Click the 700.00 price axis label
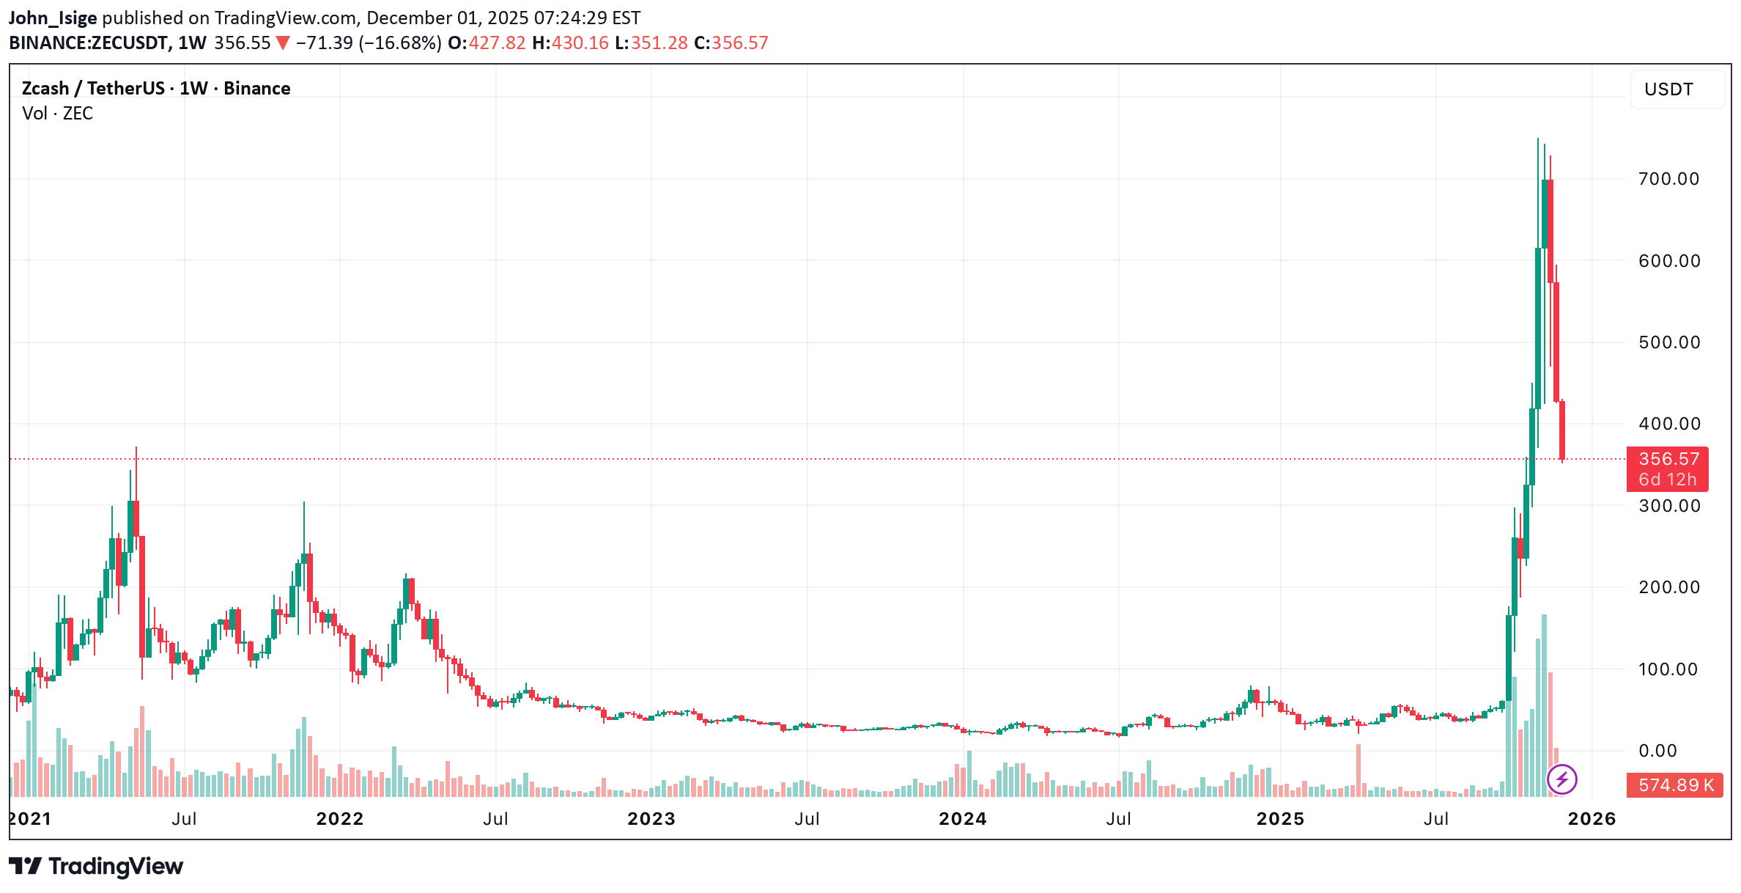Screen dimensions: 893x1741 pyautogui.click(x=1668, y=179)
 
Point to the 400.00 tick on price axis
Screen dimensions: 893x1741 pyautogui.click(x=1669, y=424)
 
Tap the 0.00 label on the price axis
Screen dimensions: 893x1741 pyautogui.click(x=1657, y=751)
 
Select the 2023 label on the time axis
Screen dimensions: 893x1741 pyautogui.click(x=651, y=819)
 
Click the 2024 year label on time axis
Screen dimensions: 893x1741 pyautogui.click(x=962, y=819)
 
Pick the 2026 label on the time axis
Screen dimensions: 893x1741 pyautogui.click(x=1592, y=819)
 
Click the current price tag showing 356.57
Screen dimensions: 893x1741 pyautogui.click(x=1668, y=460)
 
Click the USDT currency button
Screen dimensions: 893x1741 pyautogui.click(x=1668, y=89)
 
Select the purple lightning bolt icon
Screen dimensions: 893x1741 pyautogui.click(x=1561, y=779)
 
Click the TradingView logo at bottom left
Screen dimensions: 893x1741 pyautogui.click(x=96, y=867)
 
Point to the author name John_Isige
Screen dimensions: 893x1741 pyautogui.click(x=52, y=18)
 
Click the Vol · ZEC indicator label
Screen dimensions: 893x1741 pyautogui.click(x=57, y=114)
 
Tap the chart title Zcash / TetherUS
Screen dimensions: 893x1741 pyautogui.click(x=93, y=89)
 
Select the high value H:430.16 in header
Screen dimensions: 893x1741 pyautogui.click(x=570, y=43)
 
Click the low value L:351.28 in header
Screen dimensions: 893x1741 pyautogui.click(x=651, y=43)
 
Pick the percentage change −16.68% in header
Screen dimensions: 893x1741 pyautogui.click(x=400, y=43)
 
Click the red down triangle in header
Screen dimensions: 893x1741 pyautogui.click(x=282, y=43)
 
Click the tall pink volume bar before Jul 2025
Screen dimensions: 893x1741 pyautogui.click(x=1358, y=770)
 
